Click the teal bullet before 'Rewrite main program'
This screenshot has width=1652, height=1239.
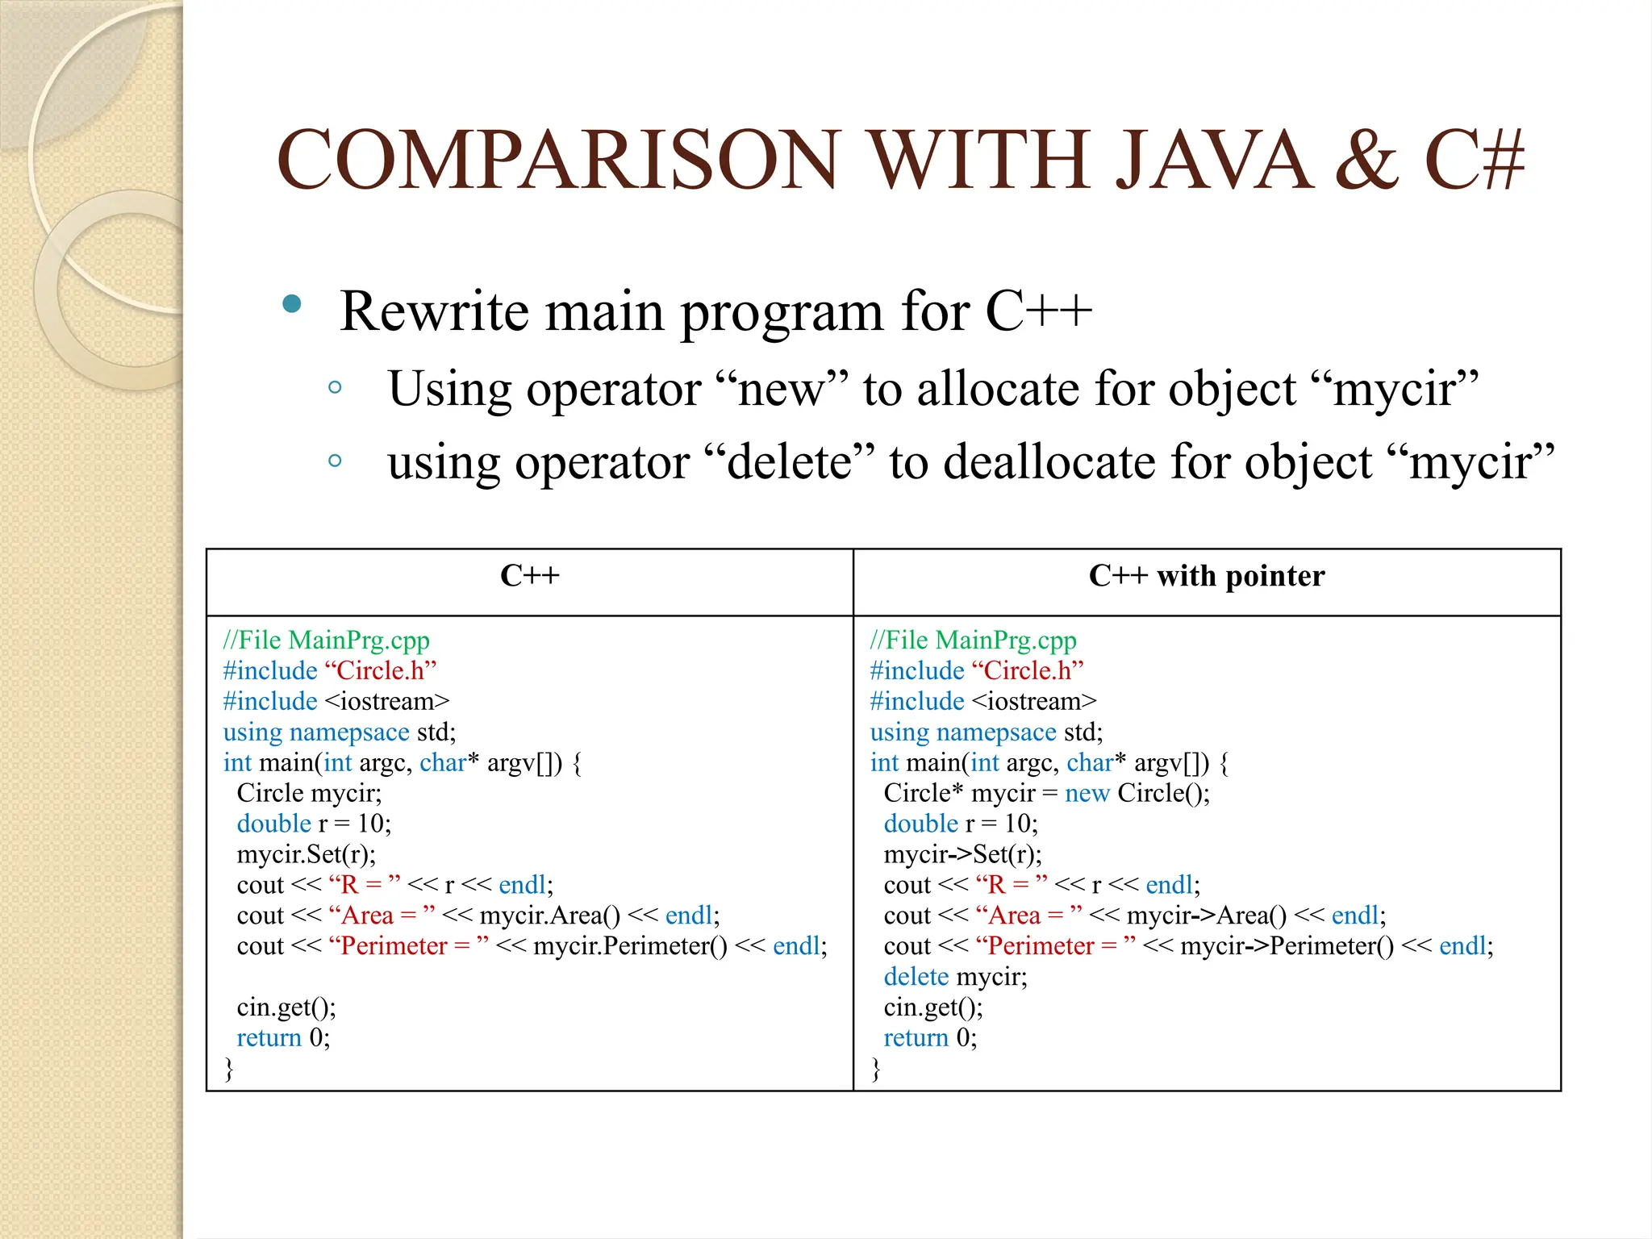pyautogui.click(x=292, y=305)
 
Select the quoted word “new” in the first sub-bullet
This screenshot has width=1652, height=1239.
pyautogui.click(x=782, y=390)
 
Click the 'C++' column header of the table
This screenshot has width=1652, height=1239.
pyautogui.click(x=529, y=576)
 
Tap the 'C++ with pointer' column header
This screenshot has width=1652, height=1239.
pyautogui.click(x=1206, y=576)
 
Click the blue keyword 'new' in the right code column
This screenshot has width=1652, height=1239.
pyautogui.click(x=1087, y=794)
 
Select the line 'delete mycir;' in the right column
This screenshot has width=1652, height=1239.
pyautogui.click(x=955, y=977)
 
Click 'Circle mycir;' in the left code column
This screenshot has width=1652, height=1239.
pyautogui.click(x=309, y=794)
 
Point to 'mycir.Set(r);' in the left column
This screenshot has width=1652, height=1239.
pyautogui.click(x=306, y=854)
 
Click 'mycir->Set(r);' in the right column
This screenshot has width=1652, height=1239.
pyautogui.click(x=962, y=854)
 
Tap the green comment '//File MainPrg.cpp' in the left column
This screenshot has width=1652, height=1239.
pyautogui.click(x=326, y=640)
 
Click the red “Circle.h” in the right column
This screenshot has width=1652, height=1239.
pyautogui.click(x=1028, y=671)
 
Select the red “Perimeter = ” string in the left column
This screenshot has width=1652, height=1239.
pyautogui.click(x=408, y=946)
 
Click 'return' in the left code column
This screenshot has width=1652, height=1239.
pyautogui.click(x=269, y=1038)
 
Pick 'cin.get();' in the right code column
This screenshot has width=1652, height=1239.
pyautogui.click(x=933, y=1007)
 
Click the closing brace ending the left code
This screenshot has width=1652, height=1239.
pyautogui.click(x=229, y=1069)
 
